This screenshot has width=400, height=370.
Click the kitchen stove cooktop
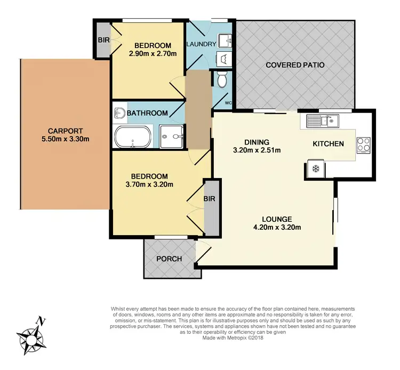pyautogui.click(x=363, y=144)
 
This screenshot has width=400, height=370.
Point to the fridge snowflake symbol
pyautogui.click(x=315, y=169)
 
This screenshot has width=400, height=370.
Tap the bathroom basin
pyautogui.click(x=119, y=112)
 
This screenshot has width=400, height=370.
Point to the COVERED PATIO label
pyautogui.click(x=295, y=65)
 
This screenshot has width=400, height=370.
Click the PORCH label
pyautogui.click(x=169, y=259)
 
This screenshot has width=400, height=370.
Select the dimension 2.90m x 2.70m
pyautogui.click(x=152, y=53)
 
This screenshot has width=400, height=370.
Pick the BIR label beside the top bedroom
pyautogui.click(x=102, y=39)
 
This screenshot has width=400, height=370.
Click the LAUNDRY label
pyautogui.click(x=201, y=44)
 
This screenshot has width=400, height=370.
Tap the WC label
pyautogui.click(x=228, y=102)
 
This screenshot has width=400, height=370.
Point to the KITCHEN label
pyautogui.click(x=328, y=144)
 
